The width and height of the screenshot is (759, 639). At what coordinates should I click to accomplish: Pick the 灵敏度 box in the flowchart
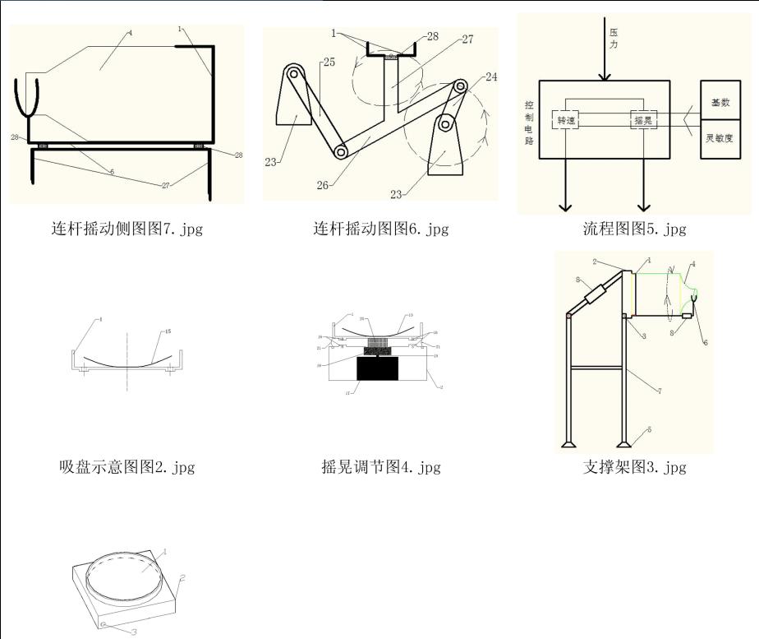[720, 138]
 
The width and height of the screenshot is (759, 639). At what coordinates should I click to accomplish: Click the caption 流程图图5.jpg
[634, 229]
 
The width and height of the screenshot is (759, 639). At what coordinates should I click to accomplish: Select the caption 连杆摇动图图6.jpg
[380, 229]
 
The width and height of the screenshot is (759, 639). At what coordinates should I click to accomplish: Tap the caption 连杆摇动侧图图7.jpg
[127, 229]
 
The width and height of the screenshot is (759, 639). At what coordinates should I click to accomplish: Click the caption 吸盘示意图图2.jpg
[127, 467]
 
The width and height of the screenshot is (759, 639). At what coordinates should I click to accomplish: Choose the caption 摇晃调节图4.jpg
[380, 467]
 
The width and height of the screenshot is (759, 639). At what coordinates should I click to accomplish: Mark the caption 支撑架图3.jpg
[634, 467]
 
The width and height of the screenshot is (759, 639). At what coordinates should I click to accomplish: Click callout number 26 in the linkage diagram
[323, 185]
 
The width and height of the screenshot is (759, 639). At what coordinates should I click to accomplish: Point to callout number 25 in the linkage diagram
[306, 63]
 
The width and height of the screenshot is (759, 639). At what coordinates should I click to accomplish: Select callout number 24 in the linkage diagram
[490, 77]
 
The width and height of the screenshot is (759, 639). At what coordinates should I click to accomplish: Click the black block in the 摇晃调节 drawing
[378, 369]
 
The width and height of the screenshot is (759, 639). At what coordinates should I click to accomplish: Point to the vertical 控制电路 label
[529, 123]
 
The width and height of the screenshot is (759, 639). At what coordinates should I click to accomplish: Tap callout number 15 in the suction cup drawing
[167, 333]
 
